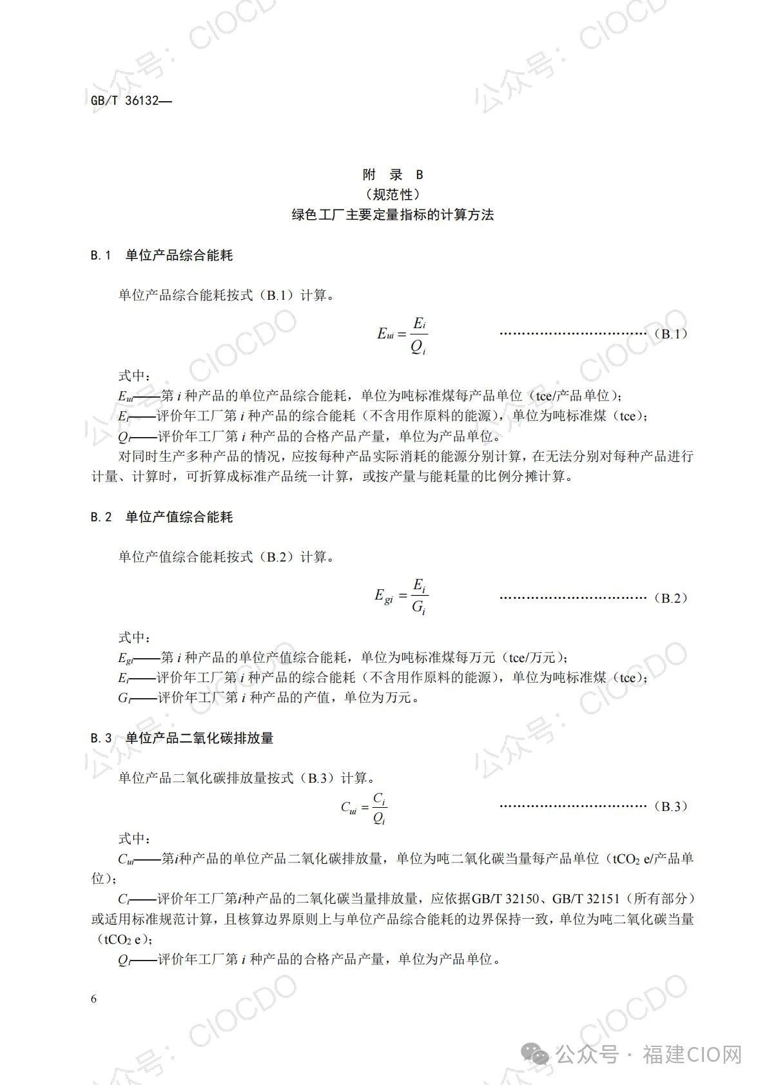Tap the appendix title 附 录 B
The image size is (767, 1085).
(393, 174)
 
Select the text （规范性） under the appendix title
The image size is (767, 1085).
(393, 194)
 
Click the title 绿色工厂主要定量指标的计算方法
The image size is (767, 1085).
(393, 215)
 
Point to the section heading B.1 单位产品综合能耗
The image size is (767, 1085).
(162, 255)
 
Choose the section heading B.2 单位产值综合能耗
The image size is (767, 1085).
(162, 517)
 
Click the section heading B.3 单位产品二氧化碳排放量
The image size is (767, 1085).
(182, 738)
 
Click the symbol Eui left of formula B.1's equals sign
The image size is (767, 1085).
(385, 334)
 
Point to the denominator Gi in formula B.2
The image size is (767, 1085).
(419, 607)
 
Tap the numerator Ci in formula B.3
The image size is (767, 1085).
(380, 798)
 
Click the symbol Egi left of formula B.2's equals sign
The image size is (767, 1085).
(383, 597)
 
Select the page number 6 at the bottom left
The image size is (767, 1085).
(94, 999)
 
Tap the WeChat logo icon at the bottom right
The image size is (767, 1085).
(535, 1055)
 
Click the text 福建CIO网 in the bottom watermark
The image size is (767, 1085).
(692, 1055)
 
